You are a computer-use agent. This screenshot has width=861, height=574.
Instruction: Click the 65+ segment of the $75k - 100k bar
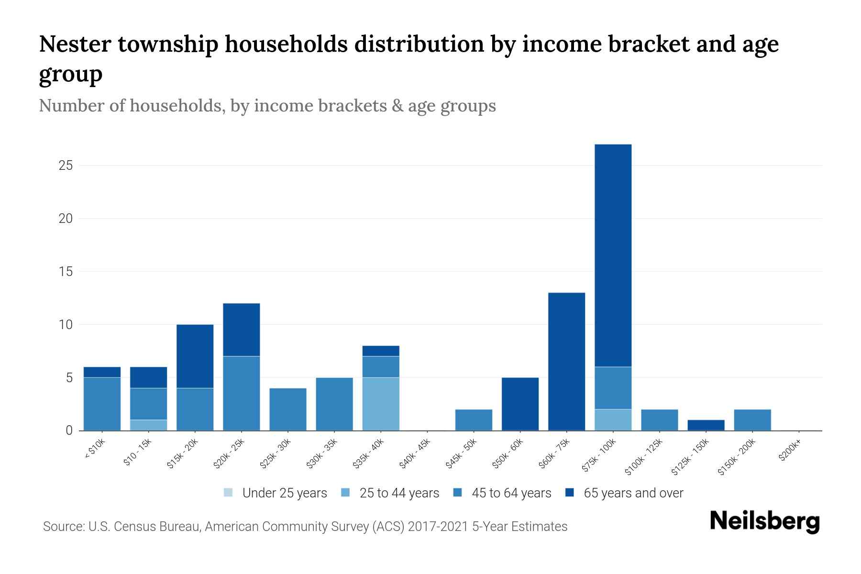tap(613, 255)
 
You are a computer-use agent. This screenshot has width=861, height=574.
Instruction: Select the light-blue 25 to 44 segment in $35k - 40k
tap(381, 404)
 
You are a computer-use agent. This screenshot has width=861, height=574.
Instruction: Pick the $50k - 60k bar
tap(520, 404)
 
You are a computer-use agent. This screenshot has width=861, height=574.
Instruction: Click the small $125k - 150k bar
tap(706, 425)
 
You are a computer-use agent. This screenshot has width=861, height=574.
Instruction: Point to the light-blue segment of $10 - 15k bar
tap(148, 425)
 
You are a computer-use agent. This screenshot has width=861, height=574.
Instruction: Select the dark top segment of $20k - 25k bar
tap(242, 330)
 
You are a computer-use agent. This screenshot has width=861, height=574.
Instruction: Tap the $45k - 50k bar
tap(474, 419)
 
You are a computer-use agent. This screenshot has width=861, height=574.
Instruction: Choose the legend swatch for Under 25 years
tap(229, 492)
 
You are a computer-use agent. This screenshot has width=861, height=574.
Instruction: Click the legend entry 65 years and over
tap(633, 493)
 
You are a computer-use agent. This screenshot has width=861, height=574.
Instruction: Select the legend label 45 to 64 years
tap(511, 493)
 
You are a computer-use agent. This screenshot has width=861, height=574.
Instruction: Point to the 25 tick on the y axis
tap(66, 166)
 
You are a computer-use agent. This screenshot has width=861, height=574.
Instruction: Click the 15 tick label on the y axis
tap(66, 272)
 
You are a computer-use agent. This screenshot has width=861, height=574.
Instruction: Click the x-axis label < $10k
tap(94, 450)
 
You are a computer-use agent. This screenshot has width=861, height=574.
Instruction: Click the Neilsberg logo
tap(764, 521)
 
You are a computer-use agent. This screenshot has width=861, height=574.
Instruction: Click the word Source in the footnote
tap(63, 527)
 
